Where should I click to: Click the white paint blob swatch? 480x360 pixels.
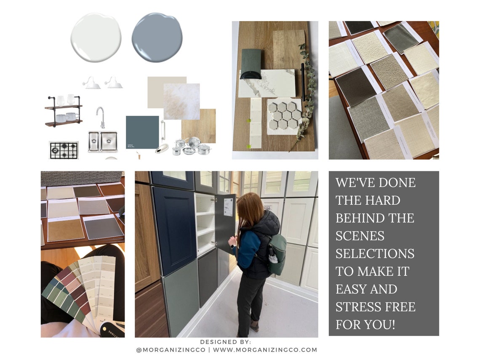point(96,37)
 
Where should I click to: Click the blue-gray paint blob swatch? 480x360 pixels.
point(157,37)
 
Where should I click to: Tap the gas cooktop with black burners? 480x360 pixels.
point(64,150)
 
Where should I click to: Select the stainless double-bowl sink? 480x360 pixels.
point(103,141)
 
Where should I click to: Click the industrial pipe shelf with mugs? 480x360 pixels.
point(63,111)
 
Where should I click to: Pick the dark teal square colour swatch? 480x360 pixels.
point(142,132)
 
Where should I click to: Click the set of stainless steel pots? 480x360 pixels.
point(192,147)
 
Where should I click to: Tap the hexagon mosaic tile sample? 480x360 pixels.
point(284,115)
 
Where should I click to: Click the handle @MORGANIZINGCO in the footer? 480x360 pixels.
point(171,349)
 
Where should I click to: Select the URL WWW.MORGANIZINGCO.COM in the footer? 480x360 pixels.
point(265,349)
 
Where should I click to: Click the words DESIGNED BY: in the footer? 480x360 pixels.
point(225,341)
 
